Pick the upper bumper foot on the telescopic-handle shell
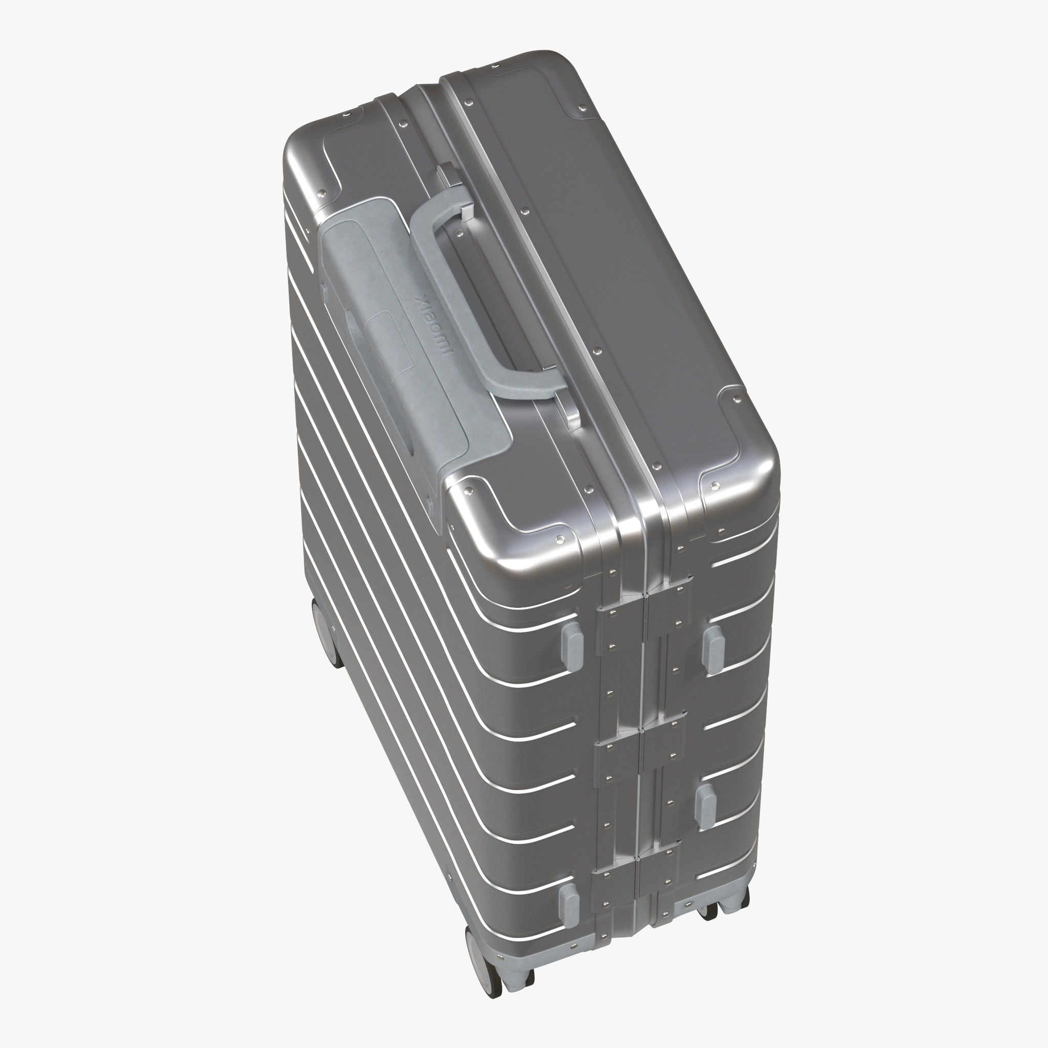570,642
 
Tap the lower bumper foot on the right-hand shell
705,806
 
